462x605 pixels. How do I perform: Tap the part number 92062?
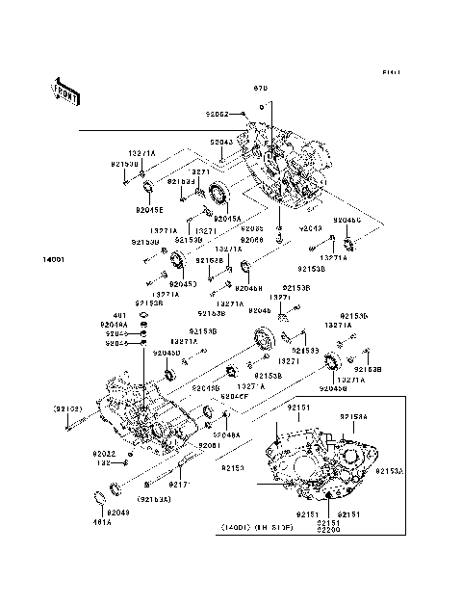(x=216, y=114)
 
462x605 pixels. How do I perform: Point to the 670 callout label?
(x=259, y=89)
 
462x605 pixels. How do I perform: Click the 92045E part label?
(x=149, y=208)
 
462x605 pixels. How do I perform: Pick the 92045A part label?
(x=227, y=219)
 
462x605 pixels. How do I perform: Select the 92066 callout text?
(x=252, y=239)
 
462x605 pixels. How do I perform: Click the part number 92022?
(x=104, y=453)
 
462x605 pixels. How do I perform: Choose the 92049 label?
(x=118, y=512)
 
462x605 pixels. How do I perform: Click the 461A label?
(x=101, y=521)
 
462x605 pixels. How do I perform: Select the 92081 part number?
(x=210, y=446)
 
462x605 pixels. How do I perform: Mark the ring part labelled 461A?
(x=98, y=497)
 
